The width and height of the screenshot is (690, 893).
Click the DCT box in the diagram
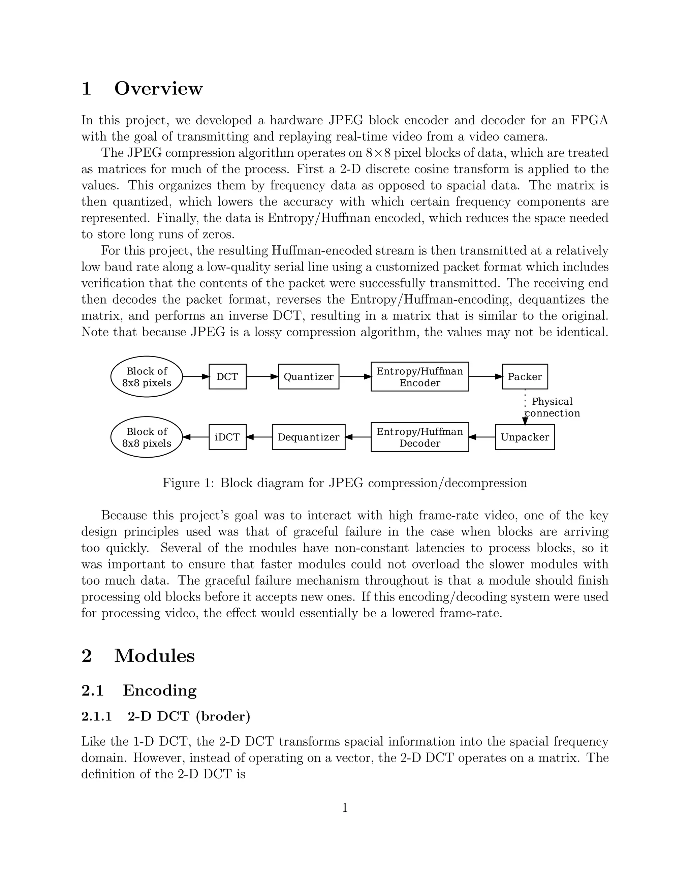pos(227,377)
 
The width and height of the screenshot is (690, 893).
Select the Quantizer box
pos(309,377)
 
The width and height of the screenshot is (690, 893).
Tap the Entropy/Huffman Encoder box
pos(420,377)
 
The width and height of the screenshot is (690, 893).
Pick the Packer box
pos(525,377)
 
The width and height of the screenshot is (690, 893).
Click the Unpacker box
pos(525,437)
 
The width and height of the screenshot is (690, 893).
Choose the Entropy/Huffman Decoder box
pos(420,437)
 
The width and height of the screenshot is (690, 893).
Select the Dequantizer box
pos(309,437)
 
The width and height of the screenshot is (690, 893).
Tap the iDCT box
pos(227,437)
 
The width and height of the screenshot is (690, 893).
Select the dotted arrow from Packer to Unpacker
pos(525,407)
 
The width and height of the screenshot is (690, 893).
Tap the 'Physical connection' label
pos(552,407)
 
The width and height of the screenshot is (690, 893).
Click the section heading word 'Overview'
pos(158,88)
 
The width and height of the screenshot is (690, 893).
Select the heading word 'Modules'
pos(155,656)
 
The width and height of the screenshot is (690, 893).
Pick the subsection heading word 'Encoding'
pos(159,690)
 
